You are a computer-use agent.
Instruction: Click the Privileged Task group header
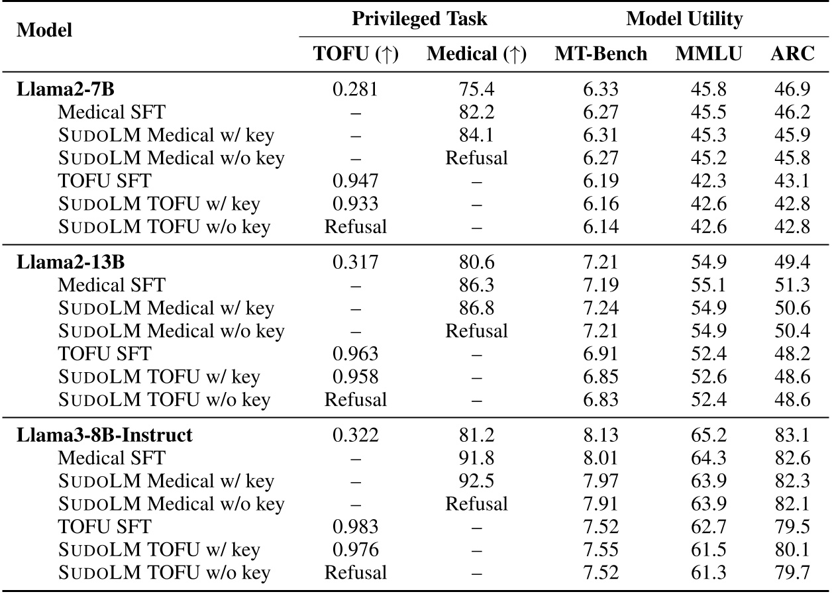tap(419, 19)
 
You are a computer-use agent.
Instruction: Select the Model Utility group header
tap(684, 19)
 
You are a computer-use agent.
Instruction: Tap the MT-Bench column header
tap(600, 54)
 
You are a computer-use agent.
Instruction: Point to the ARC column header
tap(792, 54)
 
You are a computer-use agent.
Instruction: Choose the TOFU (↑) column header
tap(356, 54)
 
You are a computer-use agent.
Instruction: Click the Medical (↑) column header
tap(476, 54)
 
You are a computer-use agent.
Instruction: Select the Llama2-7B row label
tap(56, 89)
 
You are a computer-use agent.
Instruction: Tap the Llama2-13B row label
tap(60, 262)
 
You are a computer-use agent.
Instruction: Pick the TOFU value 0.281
tap(356, 89)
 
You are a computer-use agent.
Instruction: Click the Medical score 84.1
tap(476, 135)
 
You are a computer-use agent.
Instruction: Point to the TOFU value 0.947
tap(356, 181)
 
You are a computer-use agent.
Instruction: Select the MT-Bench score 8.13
tap(600, 435)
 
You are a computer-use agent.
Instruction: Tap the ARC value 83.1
tap(792, 435)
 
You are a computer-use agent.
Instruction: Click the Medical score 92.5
tap(476, 481)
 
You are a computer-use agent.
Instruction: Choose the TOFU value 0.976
tap(356, 550)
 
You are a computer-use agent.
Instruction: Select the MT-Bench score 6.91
tap(600, 354)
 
